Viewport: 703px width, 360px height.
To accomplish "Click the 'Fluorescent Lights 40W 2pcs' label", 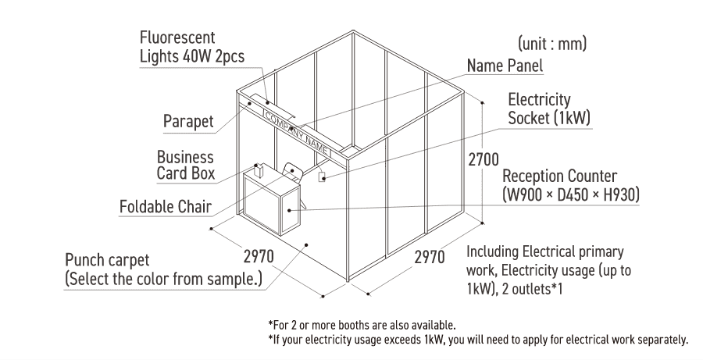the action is pos(192,47).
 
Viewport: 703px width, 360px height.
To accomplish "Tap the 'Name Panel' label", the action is pos(505,66).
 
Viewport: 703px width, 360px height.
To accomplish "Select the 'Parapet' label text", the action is pos(188,121).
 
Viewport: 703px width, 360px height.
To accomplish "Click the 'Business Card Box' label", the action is pos(186,165).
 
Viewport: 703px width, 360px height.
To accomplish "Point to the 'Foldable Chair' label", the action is pos(166,207).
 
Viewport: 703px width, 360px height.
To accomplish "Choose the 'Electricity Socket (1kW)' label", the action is pos(549,109).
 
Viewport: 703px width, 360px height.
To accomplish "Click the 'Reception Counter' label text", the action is pos(559,176).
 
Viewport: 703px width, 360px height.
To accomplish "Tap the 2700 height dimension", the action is pos(484,159).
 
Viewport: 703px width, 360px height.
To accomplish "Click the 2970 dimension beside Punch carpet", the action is pos(259,256).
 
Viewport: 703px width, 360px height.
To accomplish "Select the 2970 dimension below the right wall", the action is pos(430,258).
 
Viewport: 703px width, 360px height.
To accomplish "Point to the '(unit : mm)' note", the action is pos(552,44).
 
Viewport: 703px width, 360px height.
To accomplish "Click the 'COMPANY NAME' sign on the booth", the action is pos(298,133).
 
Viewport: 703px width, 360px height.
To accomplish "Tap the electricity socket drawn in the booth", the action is pos(322,177).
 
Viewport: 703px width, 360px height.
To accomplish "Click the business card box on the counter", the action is pos(258,170).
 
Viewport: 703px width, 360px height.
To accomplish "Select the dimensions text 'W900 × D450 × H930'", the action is pos(571,194).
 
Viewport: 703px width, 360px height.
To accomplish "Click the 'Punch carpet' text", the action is pos(107,260).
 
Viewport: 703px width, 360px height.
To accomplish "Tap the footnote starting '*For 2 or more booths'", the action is pos(362,325).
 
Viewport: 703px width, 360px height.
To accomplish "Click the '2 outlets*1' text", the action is pos(532,289).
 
